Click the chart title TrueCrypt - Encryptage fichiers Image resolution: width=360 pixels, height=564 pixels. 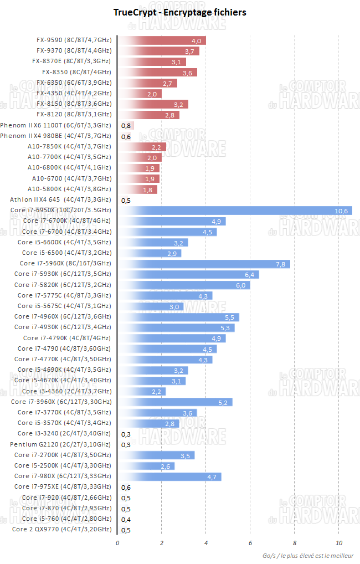(180, 12)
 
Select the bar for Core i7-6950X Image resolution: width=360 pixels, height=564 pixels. (235, 211)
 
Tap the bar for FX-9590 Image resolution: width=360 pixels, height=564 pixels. (162, 40)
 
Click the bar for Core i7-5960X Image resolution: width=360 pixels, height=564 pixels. (204, 264)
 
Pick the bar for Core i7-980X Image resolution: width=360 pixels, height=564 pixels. (169, 476)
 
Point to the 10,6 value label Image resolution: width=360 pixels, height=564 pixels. (341, 211)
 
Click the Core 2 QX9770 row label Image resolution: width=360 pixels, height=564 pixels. (61, 530)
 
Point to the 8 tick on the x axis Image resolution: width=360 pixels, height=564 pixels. (295, 543)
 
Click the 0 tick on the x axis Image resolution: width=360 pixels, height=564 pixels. (117, 543)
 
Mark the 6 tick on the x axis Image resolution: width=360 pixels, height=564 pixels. (250, 543)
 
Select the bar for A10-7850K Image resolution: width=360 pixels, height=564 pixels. (142, 147)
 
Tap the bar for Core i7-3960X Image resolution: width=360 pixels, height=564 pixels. (175, 402)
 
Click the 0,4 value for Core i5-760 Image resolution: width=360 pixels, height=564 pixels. (126, 519)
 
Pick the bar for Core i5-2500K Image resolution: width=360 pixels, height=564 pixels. (146, 466)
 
